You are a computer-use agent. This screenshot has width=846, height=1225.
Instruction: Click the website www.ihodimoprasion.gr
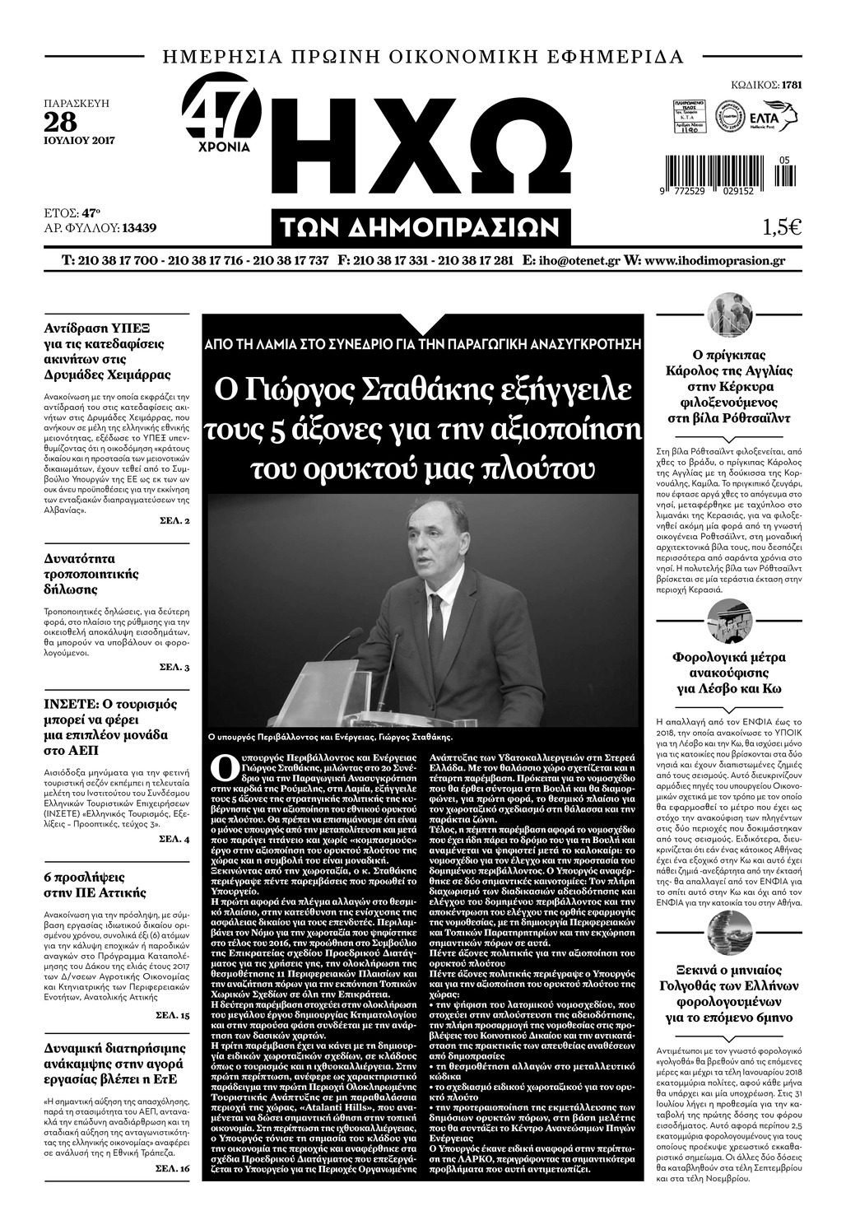714,261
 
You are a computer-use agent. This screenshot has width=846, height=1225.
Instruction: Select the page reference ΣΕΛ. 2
174,522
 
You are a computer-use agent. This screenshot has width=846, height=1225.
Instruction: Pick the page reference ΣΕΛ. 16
174,1168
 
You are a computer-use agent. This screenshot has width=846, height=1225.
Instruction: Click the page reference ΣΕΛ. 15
174,1016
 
